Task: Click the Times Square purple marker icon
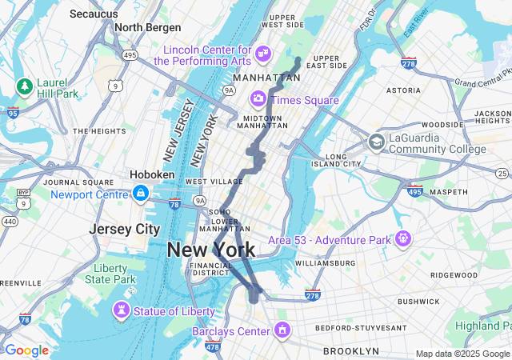point(258,99)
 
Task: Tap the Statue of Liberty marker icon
point(121,310)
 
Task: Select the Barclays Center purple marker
point(282,330)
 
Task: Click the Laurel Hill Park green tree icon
point(24,85)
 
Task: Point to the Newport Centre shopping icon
point(141,194)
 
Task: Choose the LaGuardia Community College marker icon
point(376,142)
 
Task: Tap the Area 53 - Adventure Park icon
point(402,238)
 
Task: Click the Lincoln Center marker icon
point(263,54)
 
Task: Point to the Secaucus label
point(94,14)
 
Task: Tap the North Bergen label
point(145,27)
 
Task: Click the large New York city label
point(211,250)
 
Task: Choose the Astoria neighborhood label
point(403,91)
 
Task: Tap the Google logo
point(26,350)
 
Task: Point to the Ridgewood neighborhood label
point(452,274)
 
